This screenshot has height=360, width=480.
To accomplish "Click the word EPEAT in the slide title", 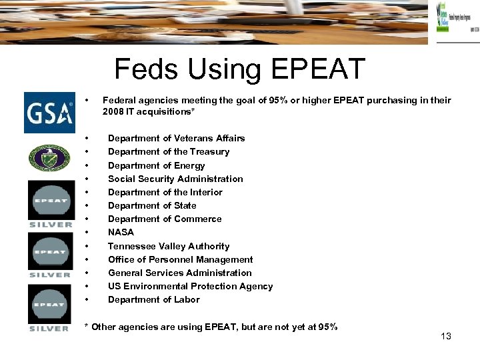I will point(318,69).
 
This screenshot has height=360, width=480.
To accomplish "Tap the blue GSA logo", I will point(50,112).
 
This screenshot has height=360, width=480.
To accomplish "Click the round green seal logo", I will point(49,158).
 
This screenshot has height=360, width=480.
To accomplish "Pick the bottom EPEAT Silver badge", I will point(49,307).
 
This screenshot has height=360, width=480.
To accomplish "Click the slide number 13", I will point(446,336).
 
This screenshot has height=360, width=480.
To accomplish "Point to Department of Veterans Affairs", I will point(176,138).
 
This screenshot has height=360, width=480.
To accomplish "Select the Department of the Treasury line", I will point(168,151).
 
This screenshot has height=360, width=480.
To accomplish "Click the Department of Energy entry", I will point(156,165).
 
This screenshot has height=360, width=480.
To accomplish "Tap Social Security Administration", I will point(175,179).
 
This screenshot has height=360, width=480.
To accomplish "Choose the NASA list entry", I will point(121,232).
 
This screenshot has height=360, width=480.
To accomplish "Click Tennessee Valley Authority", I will point(168,246).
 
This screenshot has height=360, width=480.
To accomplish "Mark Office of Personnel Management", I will point(180,259).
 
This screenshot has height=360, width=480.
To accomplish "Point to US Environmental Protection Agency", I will point(190,286).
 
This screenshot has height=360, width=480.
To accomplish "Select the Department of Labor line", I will point(153,299).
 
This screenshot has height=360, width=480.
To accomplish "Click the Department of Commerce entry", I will point(164,219).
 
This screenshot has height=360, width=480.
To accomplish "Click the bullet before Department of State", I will point(88,205).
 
